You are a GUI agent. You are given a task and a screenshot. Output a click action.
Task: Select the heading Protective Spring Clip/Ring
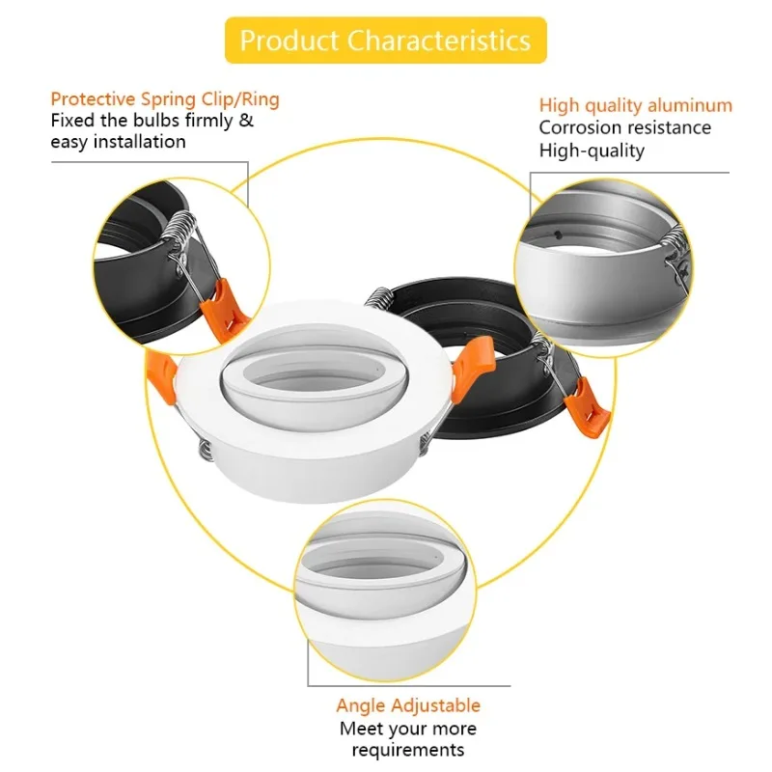[165, 99]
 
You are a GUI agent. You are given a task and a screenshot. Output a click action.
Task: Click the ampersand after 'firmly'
[246, 121]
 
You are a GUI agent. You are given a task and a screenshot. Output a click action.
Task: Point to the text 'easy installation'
[118, 142]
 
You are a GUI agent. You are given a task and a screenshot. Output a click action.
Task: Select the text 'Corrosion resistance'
[624, 127]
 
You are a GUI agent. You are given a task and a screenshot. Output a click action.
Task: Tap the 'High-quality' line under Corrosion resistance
[592, 150]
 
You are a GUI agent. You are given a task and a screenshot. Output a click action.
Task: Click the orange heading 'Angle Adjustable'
[408, 705]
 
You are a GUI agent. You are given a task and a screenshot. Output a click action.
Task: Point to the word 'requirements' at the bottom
[407, 750]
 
